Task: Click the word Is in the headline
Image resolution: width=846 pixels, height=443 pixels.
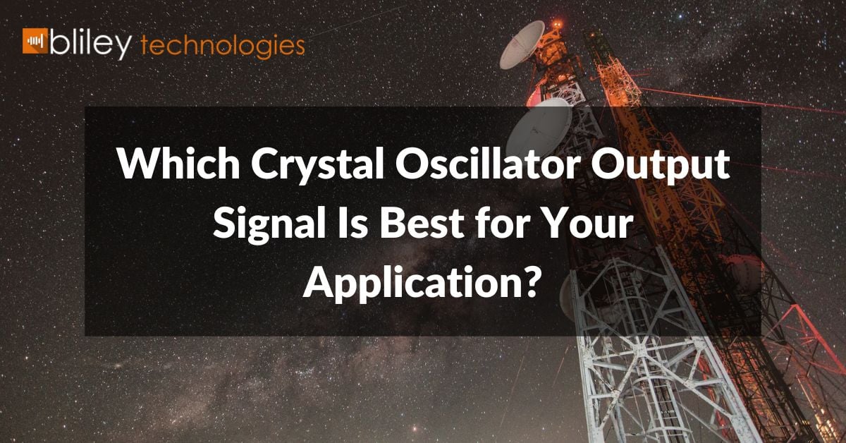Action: click(352, 224)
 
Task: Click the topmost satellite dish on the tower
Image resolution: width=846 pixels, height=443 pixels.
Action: click(522, 44)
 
